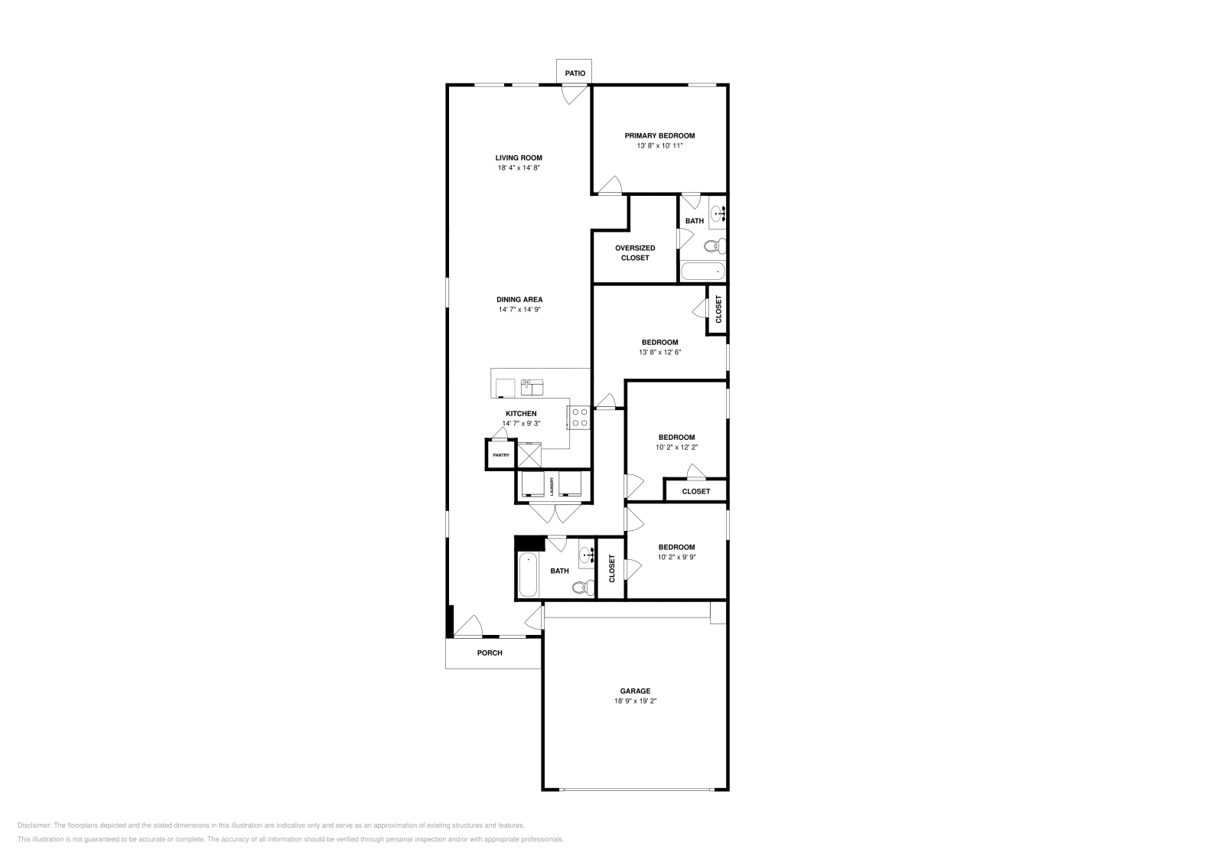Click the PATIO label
[x=575, y=73]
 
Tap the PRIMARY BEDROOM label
[x=659, y=135]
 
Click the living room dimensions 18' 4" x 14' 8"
[x=519, y=168]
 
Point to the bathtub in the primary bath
[x=702, y=272]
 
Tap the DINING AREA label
[x=519, y=300]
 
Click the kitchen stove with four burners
[x=579, y=418]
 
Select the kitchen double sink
[x=532, y=387]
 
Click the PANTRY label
[x=501, y=455]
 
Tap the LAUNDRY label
[x=551, y=486]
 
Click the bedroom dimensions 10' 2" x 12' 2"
[x=676, y=447]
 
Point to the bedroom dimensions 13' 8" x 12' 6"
[x=659, y=353]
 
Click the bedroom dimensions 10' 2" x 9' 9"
[x=676, y=557]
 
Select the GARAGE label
[x=635, y=691]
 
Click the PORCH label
[x=490, y=653]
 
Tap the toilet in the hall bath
[x=582, y=588]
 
